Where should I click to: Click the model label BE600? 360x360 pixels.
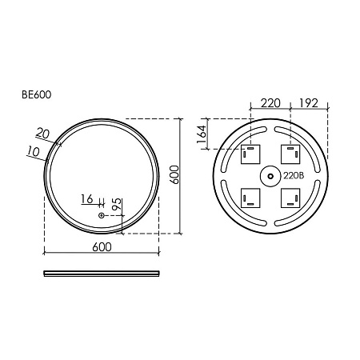point(36,94)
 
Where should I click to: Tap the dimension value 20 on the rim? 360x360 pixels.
point(42,133)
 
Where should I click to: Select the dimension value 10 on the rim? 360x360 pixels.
point(34,151)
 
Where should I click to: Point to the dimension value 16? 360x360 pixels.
point(87,199)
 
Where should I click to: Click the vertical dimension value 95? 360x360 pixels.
point(117,205)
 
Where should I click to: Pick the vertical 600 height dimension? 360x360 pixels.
point(174,174)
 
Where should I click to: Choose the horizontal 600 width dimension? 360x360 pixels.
point(102,247)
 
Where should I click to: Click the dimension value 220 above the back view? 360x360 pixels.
point(270,103)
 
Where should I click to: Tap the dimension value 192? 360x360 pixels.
point(309,103)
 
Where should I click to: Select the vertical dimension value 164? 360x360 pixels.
point(202,134)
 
